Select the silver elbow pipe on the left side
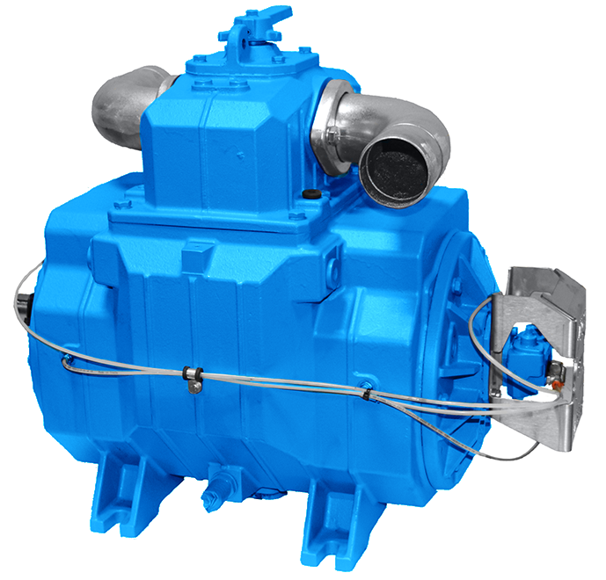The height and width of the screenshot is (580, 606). point(132,99)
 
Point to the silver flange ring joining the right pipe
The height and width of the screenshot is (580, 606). point(332,122)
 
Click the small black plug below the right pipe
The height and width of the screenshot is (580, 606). point(309,194)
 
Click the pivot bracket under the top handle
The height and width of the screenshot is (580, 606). point(246,40)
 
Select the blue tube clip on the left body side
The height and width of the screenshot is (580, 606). point(67,359)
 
